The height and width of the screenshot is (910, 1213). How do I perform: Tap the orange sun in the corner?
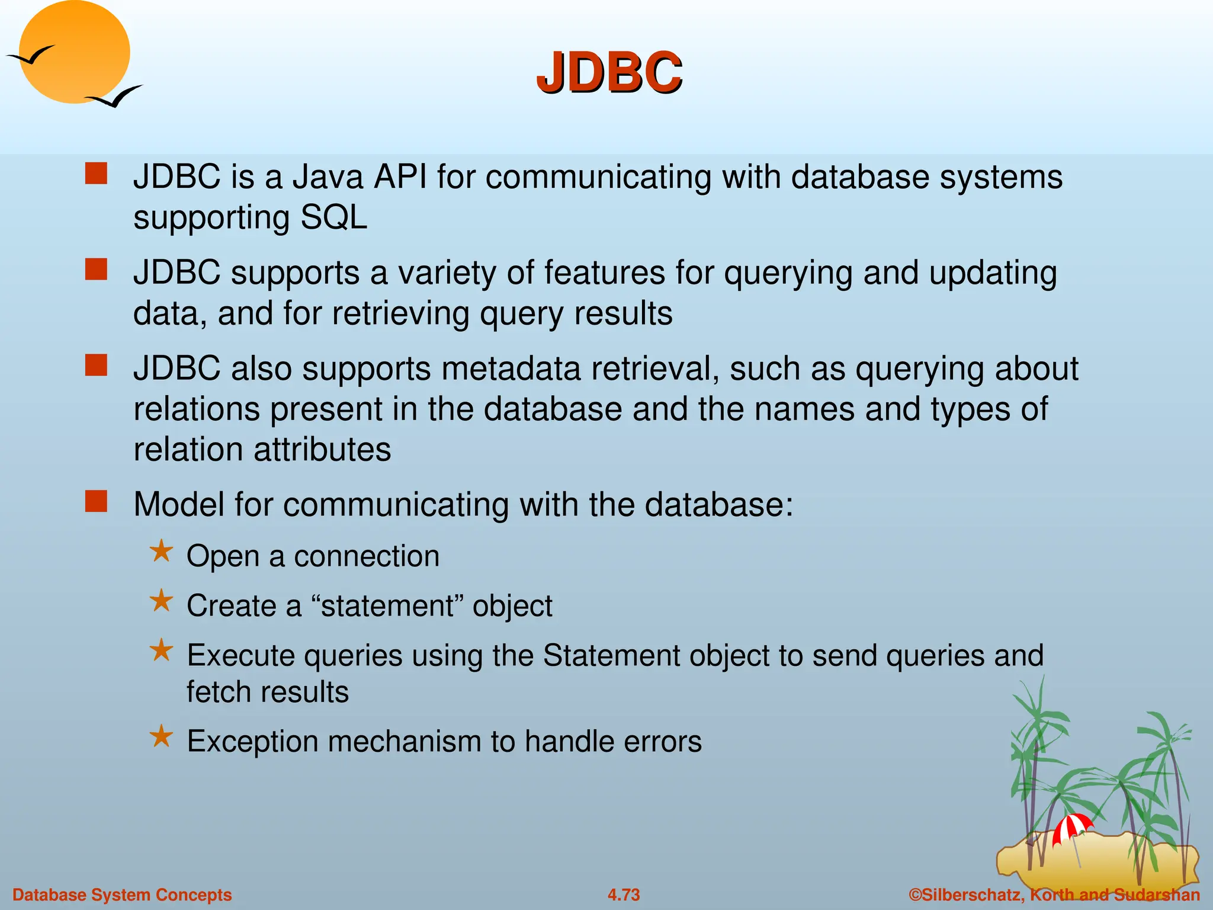[74, 52]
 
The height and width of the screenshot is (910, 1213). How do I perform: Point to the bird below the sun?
[115, 97]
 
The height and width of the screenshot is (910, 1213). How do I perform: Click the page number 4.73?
[624, 895]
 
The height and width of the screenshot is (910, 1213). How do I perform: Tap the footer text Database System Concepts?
[122, 895]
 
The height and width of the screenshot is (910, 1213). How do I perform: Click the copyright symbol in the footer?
[915, 895]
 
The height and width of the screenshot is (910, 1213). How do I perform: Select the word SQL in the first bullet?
[334, 217]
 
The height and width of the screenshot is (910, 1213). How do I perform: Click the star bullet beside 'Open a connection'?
[161, 552]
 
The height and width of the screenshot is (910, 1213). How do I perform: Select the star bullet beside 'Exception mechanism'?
[161, 737]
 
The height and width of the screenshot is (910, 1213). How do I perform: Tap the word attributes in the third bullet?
[322, 449]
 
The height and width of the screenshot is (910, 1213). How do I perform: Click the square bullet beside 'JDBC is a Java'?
[96, 174]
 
